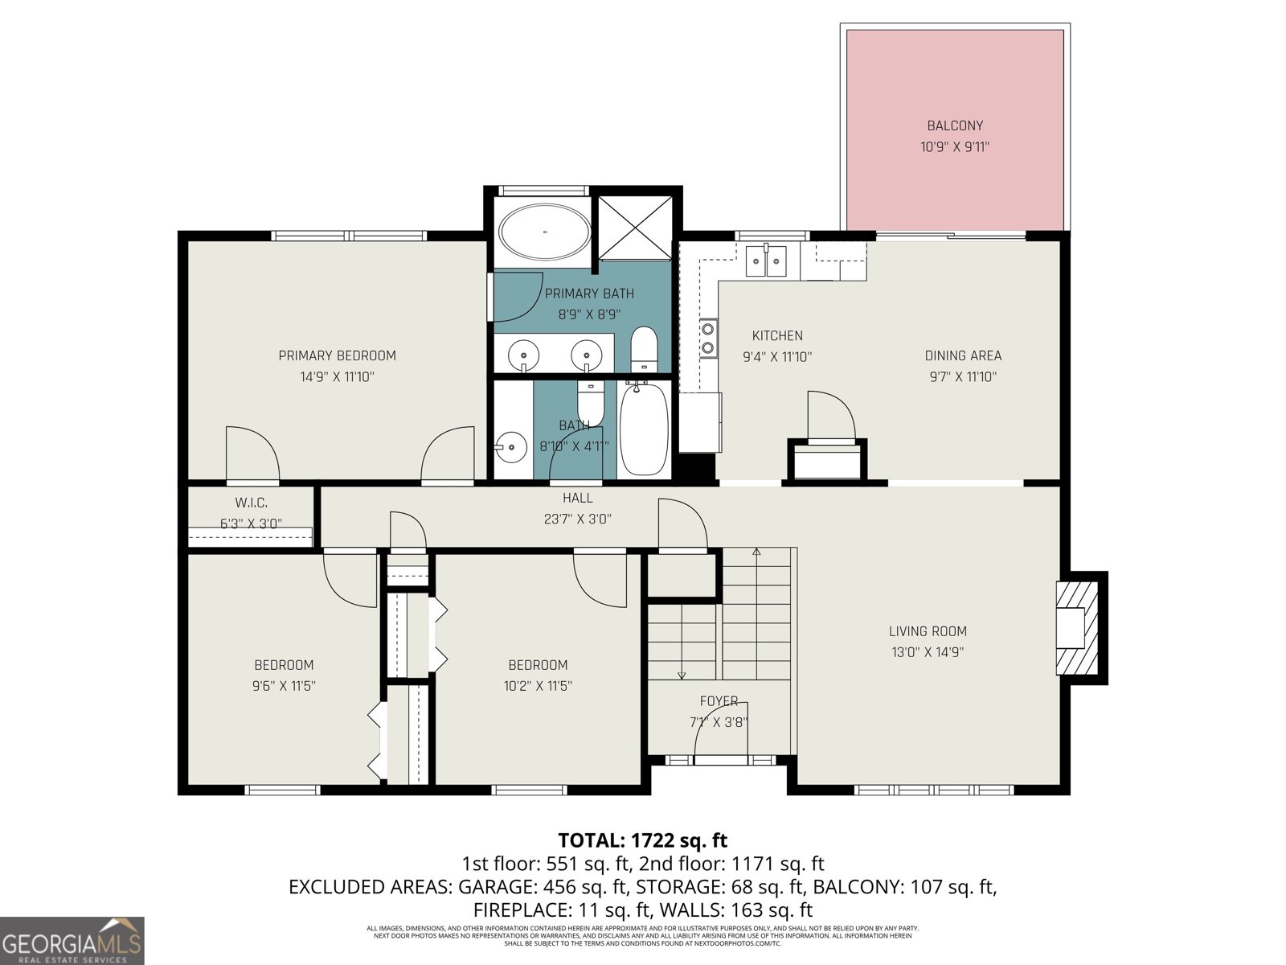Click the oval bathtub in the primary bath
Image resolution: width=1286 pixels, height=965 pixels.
[x=545, y=232]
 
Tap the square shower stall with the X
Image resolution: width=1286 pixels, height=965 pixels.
[x=635, y=228]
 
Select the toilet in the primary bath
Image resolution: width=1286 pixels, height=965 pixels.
[x=644, y=350]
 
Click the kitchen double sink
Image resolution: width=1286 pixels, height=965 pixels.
[x=766, y=261]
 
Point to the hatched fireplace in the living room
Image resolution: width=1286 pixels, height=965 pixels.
[x=1076, y=628]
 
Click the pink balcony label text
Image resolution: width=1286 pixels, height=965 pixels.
[x=955, y=125]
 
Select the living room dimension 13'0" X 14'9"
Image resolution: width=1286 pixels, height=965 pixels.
[x=928, y=652]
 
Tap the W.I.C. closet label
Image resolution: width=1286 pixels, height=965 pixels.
[x=251, y=503]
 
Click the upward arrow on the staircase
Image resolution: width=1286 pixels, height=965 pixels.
[x=756, y=552]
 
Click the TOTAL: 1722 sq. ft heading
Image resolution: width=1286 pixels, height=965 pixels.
[x=642, y=840]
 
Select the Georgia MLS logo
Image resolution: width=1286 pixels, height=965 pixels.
[x=72, y=941]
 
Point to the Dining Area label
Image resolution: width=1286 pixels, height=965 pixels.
[x=963, y=355]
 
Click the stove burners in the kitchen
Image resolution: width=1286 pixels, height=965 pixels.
[x=708, y=338]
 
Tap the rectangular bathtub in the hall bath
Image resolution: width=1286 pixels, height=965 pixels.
[x=644, y=429]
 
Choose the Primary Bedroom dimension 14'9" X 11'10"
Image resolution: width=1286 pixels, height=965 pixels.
[x=337, y=376]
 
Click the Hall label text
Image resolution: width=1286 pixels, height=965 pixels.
[x=577, y=499]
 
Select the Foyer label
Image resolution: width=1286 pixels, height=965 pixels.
[x=718, y=701]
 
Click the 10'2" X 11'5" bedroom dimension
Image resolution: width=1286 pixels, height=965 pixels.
[x=538, y=686]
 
